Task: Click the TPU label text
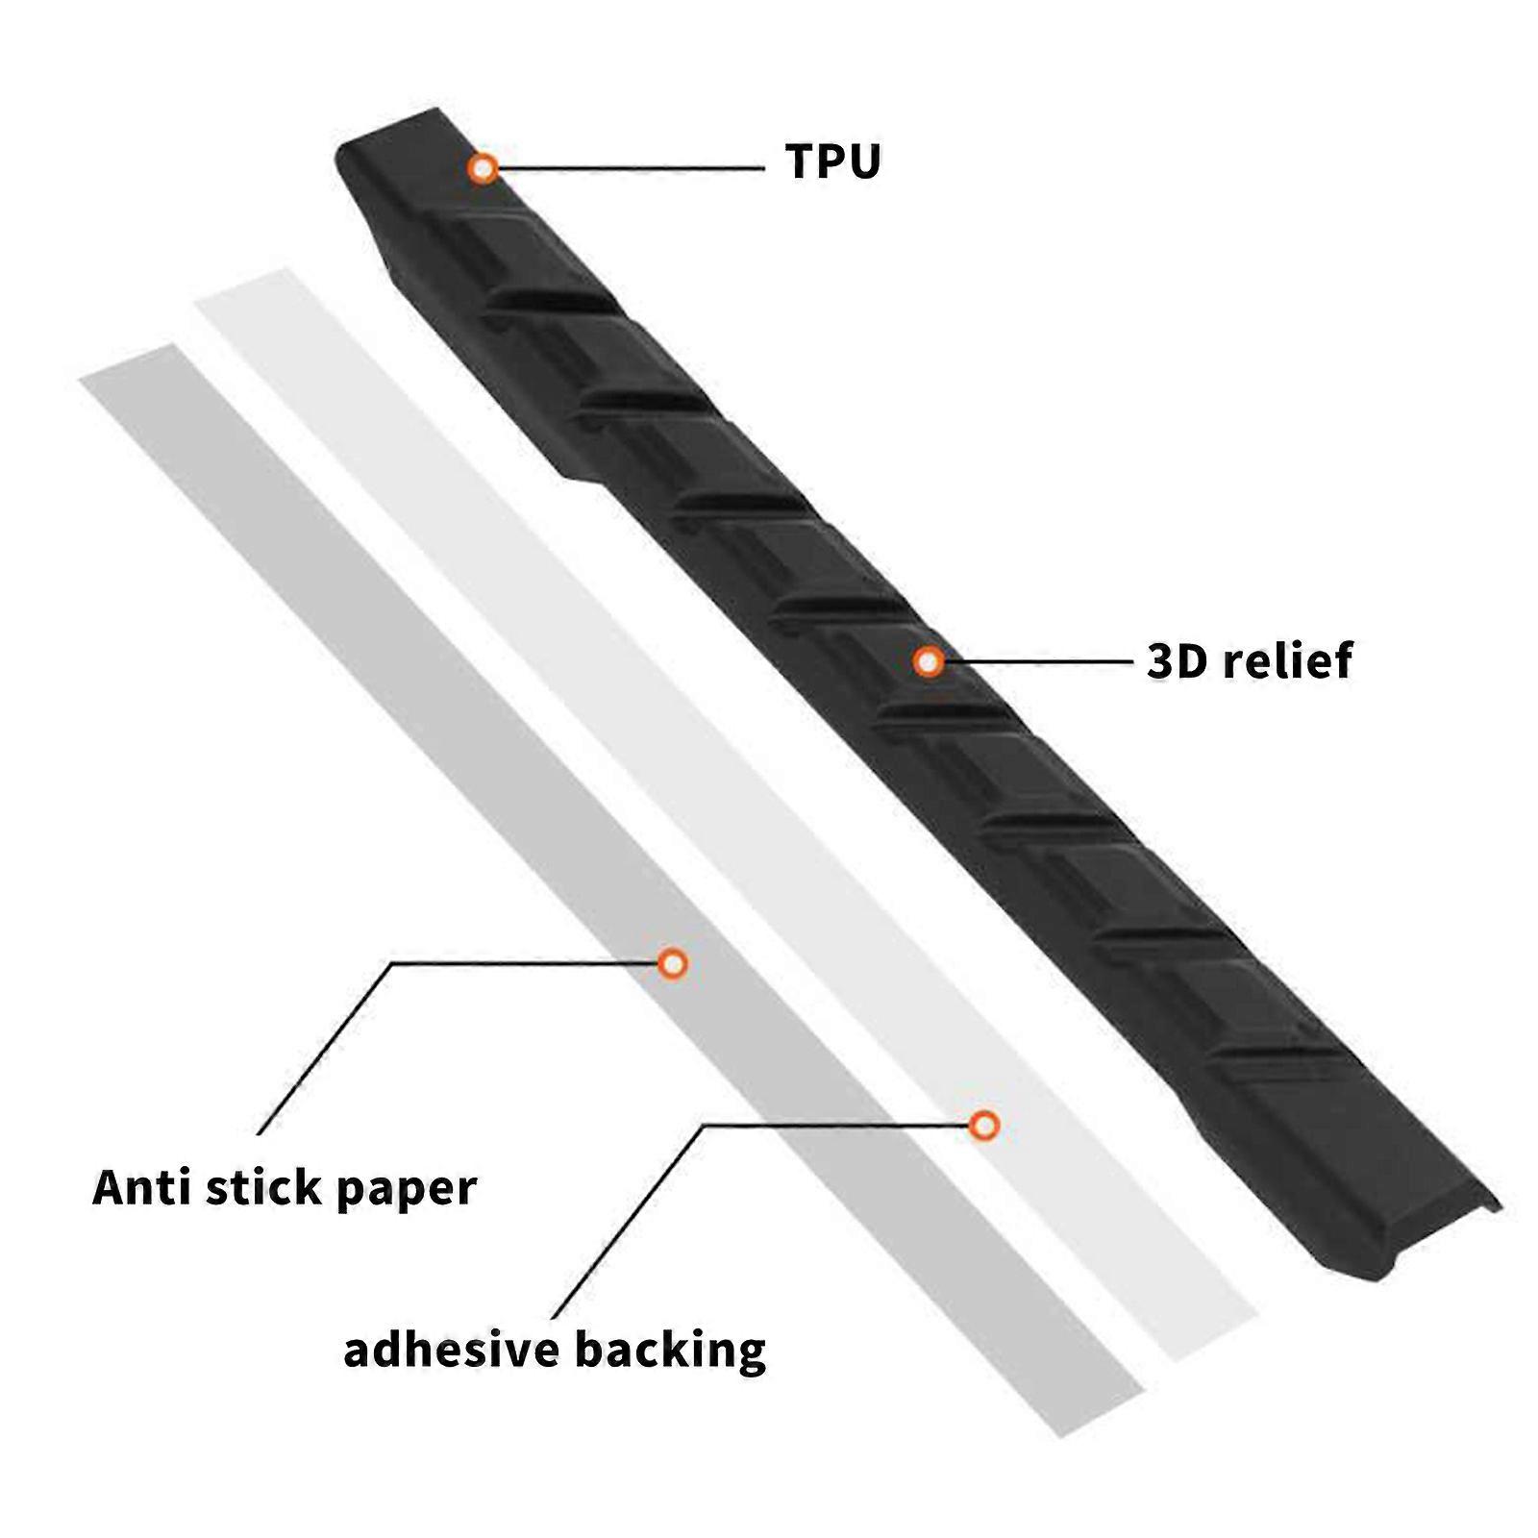pyautogui.click(x=832, y=161)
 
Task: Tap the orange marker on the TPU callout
pyautogui.click(x=484, y=168)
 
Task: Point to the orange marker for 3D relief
pyautogui.click(x=928, y=661)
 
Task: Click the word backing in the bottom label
pyautogui.click(x=671, y=1351)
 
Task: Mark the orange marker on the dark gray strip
pyautogui.click(x=673, y=962)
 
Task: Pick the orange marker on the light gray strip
pyautogui.click(x=983, y=1125)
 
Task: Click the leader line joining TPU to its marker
pyautogui.click(x=631, y=168)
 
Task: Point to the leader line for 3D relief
pyautogui.click(x=1037, y=661)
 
